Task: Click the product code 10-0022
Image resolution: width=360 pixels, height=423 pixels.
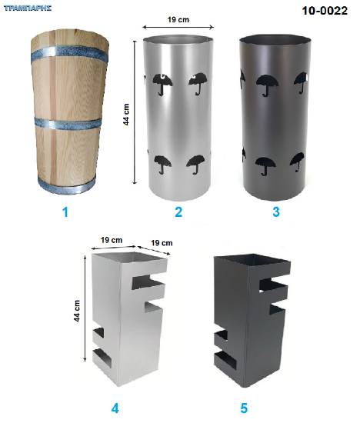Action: pyautogui.click(x=325, y=11)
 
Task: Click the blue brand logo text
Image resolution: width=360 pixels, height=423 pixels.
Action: pyautogui.click(x=28, y=8)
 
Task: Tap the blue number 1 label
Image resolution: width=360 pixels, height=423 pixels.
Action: pyautogui.click(x=65, y=212)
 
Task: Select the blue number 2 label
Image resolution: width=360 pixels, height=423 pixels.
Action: pyautogui.click(x=178, y=212)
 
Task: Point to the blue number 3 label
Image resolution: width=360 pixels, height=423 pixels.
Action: pyautogui.click(x=276, y=212)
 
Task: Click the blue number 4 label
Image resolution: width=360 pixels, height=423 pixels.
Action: pyautogui.click(x=115, y=408)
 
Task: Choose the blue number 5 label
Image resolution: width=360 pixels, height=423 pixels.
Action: pyautogui.click(x=244, y=408)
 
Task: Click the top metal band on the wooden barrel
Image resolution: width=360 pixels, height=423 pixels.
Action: pyautogui.click(x=69, y=55)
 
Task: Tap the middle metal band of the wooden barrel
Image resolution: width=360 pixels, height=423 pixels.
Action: pyautogui.click(x=68, y=124)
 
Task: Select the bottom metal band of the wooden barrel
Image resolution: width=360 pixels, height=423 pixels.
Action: pyautogui.click(x=67, y=187)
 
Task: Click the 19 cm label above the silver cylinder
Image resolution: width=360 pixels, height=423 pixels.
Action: pyautogui.click(x=178, y=20)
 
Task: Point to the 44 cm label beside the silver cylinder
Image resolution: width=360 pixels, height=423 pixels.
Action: pyautogui.click(x=126, y=115)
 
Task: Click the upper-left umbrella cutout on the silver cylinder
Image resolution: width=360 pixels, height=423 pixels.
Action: pyautogui.click(x=162, y=84)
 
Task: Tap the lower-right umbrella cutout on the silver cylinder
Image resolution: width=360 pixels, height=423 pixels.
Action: pyautogui.click(x=195, y=165)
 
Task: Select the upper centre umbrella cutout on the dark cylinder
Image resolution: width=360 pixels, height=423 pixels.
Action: pyautogui.click(x=267, y=85)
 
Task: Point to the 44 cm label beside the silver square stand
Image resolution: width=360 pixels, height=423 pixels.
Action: pyautogui.click(x=77, y=311)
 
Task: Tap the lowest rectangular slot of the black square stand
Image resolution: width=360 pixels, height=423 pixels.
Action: pyautogui.click(x=225, y=360)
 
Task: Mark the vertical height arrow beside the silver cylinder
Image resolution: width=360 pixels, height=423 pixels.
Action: pyautogui.click(x=135, y=112)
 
